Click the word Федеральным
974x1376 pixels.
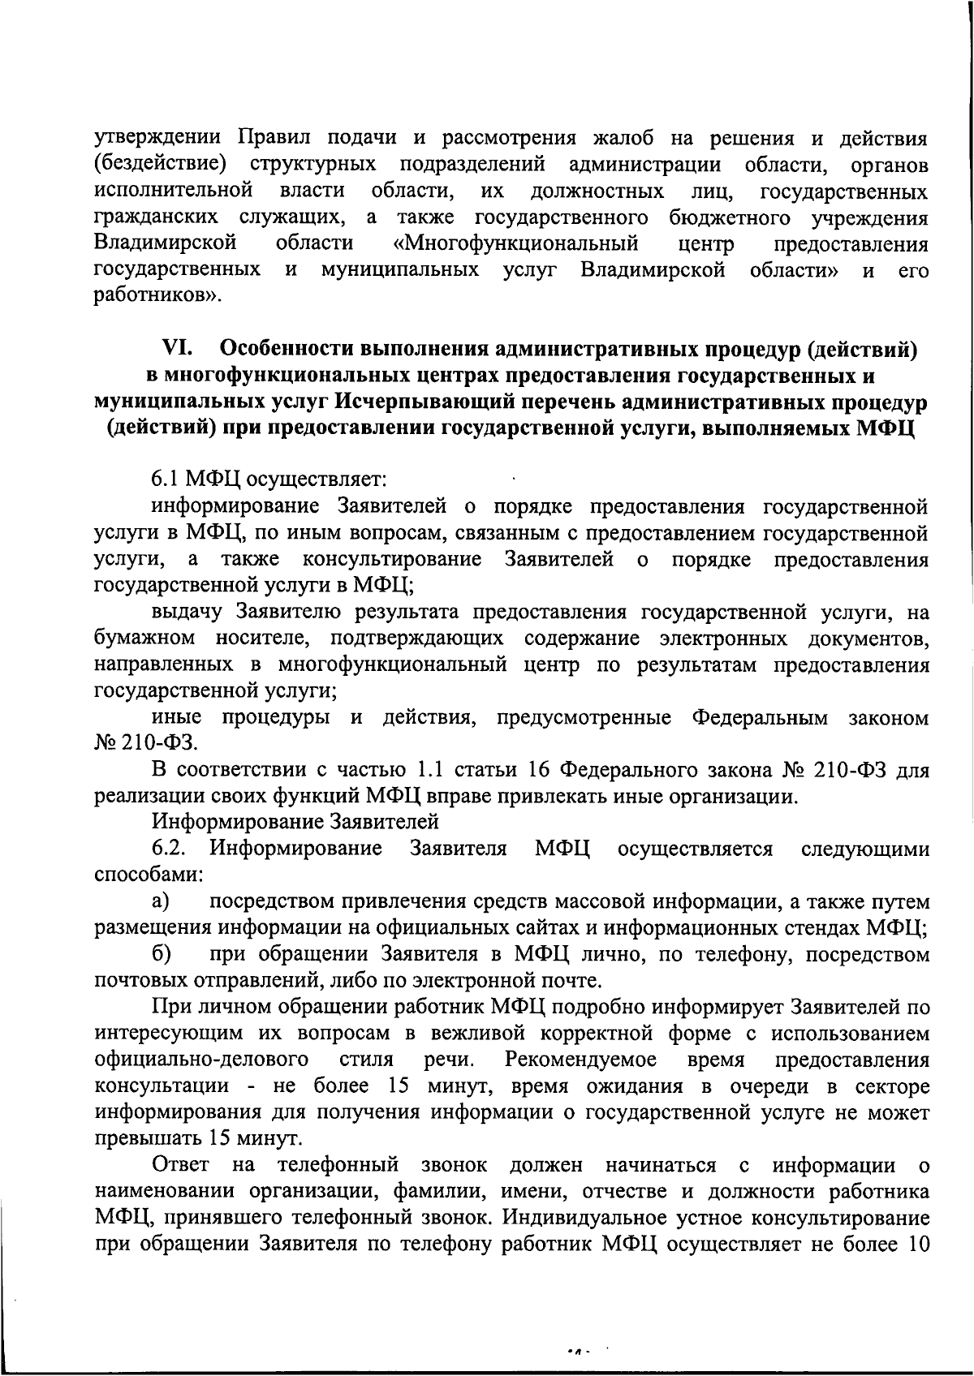click(x=760, y=717)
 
